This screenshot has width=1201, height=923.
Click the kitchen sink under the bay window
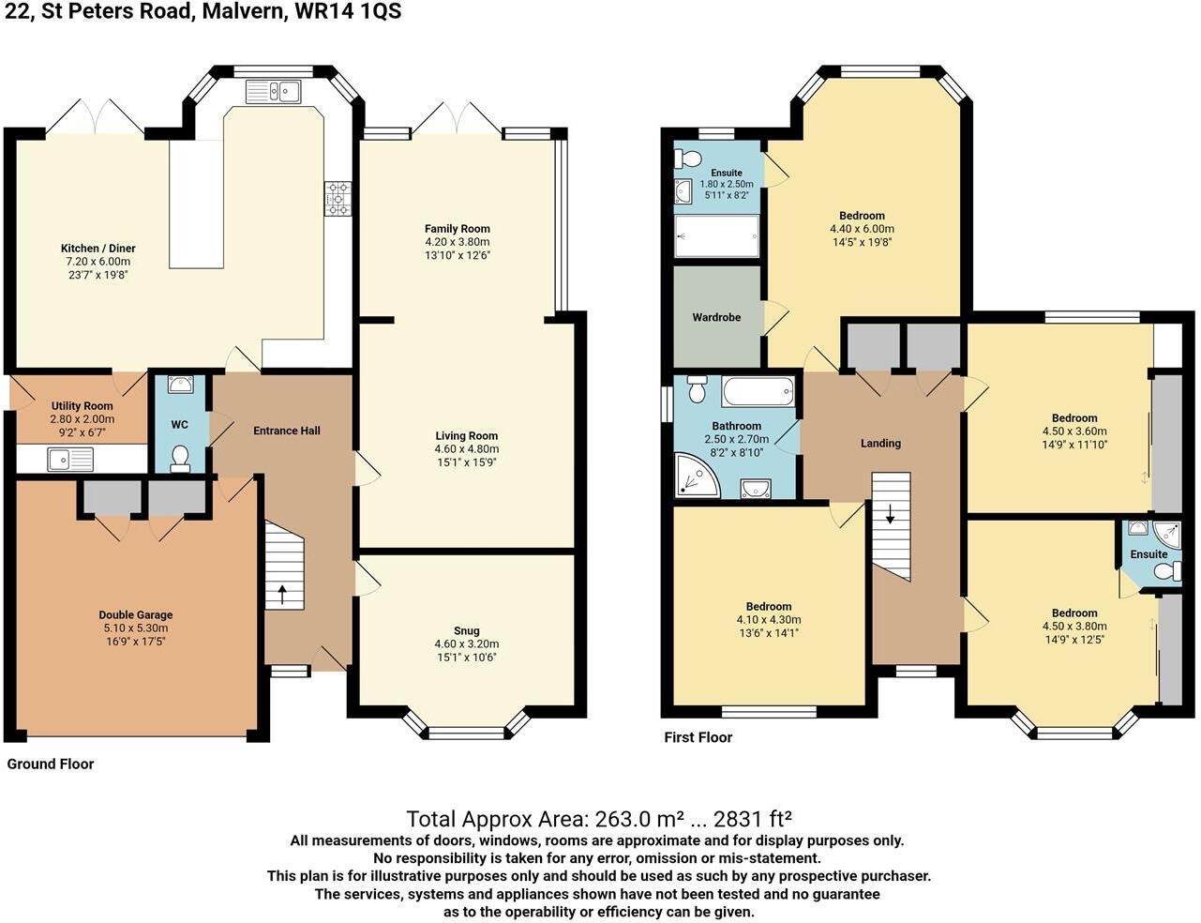[x=273, y=91]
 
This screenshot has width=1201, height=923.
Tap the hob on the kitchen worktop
[x=338, y=199]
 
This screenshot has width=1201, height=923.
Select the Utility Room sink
[x=70, y=460]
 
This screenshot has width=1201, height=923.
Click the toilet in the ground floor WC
[x=180, y=460]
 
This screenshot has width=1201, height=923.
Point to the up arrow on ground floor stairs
[x=282, y=595]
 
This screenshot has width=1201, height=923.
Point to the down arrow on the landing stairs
[x=891, y=514]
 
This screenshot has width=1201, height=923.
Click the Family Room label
[x=458, y=229]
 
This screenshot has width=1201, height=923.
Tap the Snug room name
[x=467, y=630]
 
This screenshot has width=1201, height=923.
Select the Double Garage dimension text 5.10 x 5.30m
[x=136, y=628]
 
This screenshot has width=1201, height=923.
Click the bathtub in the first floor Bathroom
[x=758, y=392]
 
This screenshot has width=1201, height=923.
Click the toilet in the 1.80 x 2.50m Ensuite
[x=688, y=159]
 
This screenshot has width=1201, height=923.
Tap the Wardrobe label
[x=716, y=317]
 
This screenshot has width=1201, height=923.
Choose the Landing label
[x=880, y=444]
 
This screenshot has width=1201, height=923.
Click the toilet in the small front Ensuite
[x=1170, y=570]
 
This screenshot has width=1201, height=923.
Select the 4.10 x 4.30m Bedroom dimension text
[x=769, y=620]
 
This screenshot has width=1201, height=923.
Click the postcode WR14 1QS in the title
[x=348, y=11]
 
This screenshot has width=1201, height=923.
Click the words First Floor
[x=698, y=737]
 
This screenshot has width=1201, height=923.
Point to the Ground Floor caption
[x=51, y=764]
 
